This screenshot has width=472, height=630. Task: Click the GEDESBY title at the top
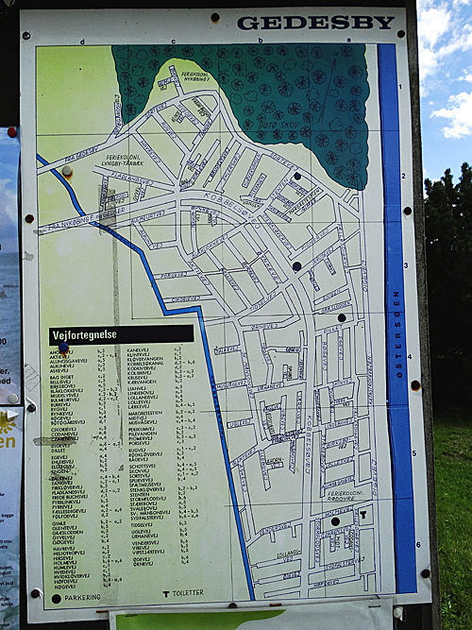point(315,22)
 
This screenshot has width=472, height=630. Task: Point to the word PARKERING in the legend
point(83,596)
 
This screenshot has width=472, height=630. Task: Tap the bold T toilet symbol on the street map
point(362,515)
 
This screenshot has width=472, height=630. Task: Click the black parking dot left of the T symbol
point(334,520)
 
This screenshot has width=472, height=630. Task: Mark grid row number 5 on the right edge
point(413,453)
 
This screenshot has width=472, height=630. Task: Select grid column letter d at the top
point(82,42)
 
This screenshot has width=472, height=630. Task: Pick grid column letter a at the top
point(347,42)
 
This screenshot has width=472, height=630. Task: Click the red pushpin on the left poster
point(12,132)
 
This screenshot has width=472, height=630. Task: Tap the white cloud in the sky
point(449,113)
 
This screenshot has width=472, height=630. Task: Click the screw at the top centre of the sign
point(214,17)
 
